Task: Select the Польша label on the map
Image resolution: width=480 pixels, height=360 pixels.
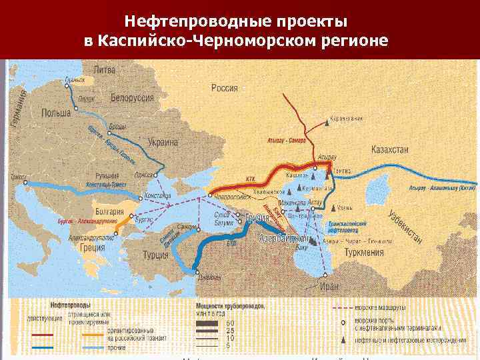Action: coord(56,113)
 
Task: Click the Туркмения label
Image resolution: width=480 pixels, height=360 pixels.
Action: coord(364,253)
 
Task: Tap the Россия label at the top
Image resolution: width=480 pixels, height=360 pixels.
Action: coord(225,87)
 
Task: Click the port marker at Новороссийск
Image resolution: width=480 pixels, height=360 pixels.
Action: coord(211,195)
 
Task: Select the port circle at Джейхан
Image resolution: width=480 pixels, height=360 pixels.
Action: coord(195,271)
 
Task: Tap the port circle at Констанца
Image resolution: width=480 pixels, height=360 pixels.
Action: coord(139,197)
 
